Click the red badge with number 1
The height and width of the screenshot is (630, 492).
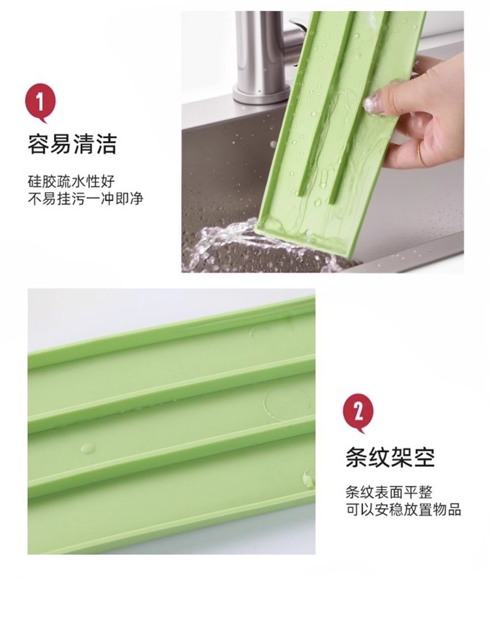[40, 102]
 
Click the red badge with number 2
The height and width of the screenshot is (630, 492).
[358, 412]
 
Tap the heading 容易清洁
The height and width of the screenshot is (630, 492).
[72, 144]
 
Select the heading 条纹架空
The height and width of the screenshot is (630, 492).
[390, 457]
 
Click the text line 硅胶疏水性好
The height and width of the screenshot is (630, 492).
[71, 181]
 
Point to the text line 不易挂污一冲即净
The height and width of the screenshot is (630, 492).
[86, 199]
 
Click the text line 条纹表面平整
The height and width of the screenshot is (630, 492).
[389, 492]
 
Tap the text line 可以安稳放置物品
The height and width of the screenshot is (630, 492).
[403, 509]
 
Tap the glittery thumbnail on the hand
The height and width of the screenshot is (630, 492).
[372, 104]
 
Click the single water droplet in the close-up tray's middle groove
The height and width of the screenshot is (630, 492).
[88, 448]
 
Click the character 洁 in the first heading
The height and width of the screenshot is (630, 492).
[106, 144]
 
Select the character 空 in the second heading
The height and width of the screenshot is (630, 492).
[424, 457]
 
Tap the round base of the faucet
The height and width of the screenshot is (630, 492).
[256, 96]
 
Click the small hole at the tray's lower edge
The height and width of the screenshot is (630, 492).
[309, 233]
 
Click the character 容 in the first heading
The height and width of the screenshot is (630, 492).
[39, 144]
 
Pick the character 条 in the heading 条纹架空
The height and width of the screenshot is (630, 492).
[357, 457]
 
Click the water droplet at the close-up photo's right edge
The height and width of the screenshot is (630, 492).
[308, 479]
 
